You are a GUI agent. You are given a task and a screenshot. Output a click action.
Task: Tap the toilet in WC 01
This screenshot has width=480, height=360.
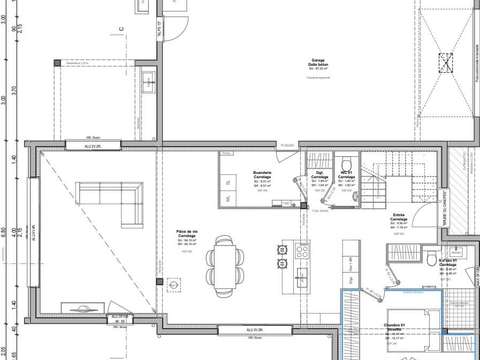point(344,167)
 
